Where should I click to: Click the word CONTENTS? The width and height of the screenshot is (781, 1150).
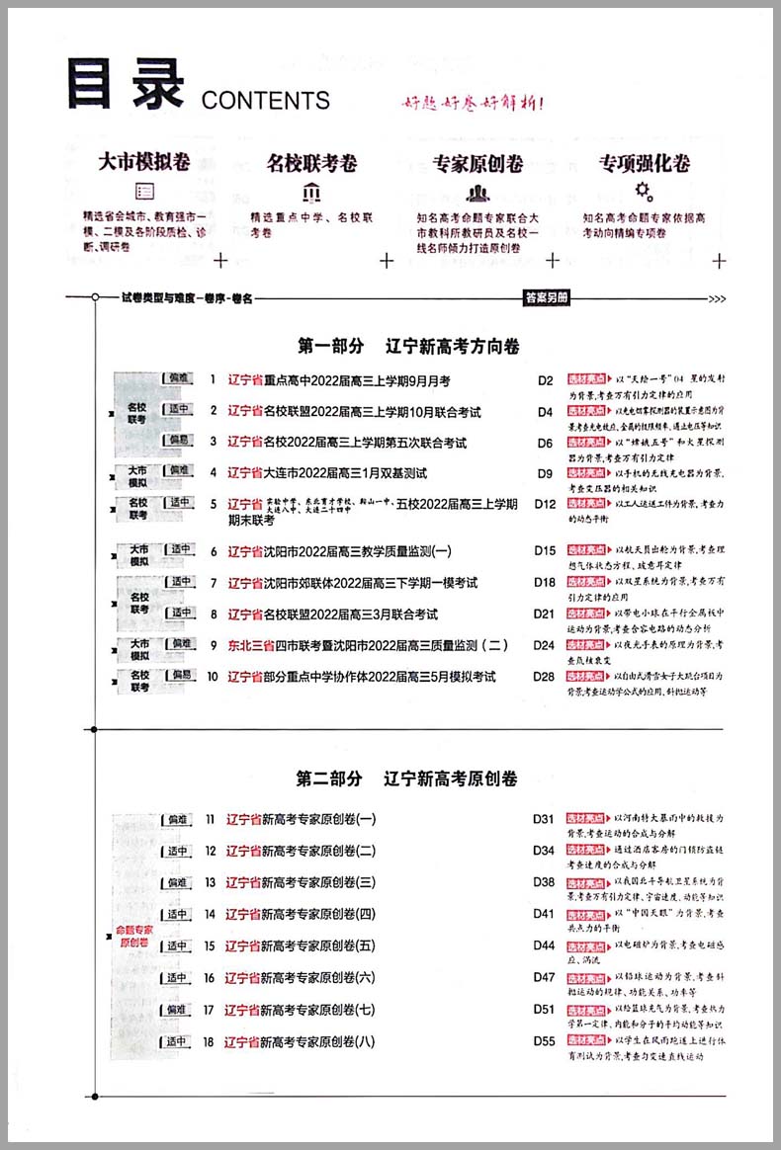click(265, 100)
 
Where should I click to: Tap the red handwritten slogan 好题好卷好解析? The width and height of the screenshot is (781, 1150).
click(473, 102)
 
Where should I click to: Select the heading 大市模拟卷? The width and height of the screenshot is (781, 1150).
click(144, 163)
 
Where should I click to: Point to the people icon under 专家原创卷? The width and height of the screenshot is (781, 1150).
click(478, 192)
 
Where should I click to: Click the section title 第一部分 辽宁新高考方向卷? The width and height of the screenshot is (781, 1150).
click(408, 347)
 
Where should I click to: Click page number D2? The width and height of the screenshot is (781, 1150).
click(545, 379)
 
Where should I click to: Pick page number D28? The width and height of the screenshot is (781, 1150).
click(545, 677)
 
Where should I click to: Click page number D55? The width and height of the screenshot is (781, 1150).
click(544, 1041)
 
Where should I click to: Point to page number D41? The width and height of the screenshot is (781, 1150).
click(544, 914)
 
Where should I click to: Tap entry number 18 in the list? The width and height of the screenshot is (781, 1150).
click(210, 1041)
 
